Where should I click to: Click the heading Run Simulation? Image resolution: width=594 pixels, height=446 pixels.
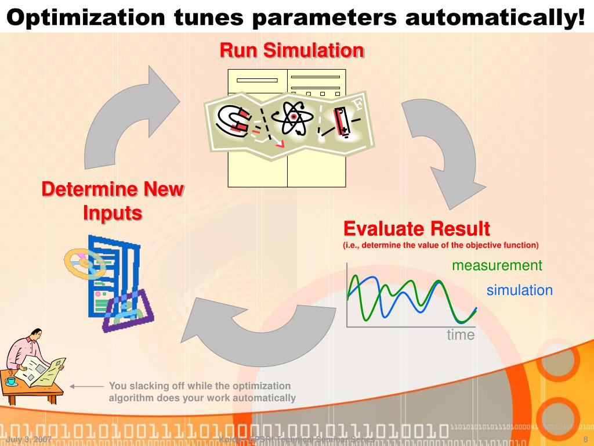coord(291,51)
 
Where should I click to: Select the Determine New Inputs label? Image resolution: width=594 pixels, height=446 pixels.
coord(113,201)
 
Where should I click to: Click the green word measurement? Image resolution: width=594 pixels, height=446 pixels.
coord(497,265)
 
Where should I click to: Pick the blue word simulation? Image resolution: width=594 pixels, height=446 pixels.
coord(519,290)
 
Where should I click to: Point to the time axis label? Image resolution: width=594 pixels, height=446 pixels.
coord(460,335)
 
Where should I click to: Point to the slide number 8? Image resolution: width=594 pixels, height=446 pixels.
coord(585,439)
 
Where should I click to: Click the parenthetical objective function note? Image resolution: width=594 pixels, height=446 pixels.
coord(440,244)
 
